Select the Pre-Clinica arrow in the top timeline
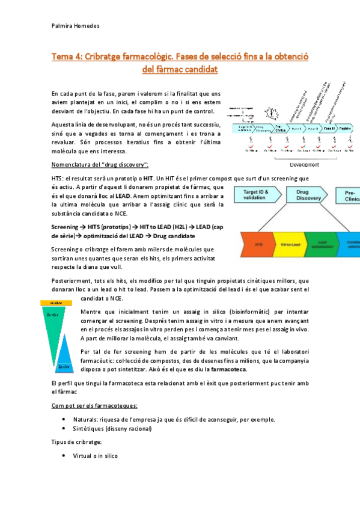tap(280, 128)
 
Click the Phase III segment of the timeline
tap(328, 128)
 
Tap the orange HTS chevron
tap(260, 245)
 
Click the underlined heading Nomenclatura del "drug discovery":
tap(100, 165)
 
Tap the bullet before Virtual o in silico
tap(64, 456)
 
